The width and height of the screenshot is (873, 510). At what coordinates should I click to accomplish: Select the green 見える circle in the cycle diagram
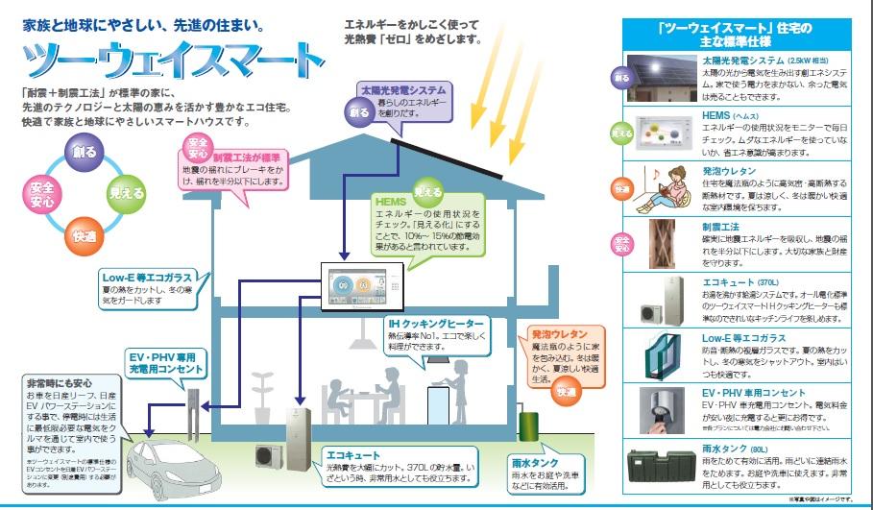126,190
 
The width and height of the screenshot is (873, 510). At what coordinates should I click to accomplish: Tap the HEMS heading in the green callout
394,203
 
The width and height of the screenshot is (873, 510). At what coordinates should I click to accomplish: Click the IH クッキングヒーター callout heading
435,324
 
